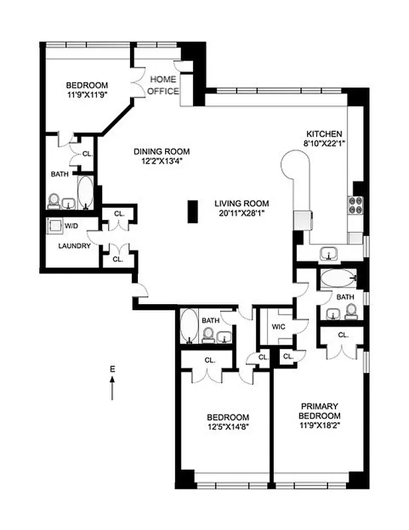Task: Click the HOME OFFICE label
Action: click(162, 85)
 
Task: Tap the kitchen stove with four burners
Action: click(354, 206)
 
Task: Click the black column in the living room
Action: click(193, 212)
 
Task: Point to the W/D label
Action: click(71, 227)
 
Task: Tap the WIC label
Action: click(278, 327)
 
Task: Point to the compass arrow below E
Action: click(113, 388)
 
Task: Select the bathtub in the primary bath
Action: click(338, 278)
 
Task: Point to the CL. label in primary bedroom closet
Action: click(343, 335)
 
